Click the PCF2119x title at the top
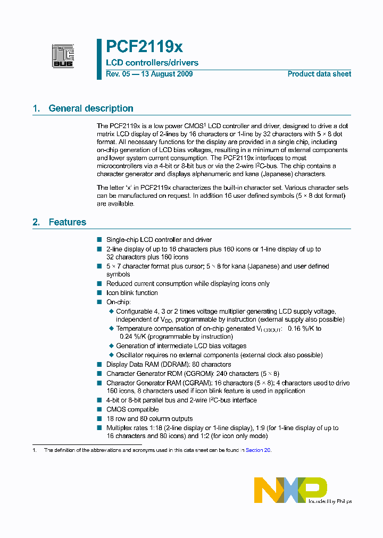tap(144, 47)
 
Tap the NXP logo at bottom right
tap(290, 490)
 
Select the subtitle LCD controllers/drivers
tap(152, 63)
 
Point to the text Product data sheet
tap(319, 74)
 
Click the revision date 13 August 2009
tap(166, 74)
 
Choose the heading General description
tap(91, 108)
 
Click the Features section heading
tap(68, 222)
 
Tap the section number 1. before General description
tap(36, 108)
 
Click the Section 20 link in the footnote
tap(258, 450)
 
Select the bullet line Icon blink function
tap(132, 293)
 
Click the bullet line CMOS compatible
tap(132, 409)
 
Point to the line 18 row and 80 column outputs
tap(149, 419)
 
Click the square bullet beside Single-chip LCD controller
tap(99, 240)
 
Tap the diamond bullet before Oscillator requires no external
tap(111, 355)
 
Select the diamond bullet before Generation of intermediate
tap(111, 346)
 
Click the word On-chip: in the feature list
tap(118, 302)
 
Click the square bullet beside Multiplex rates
tap(99, 427)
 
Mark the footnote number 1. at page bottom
tap(35, 450)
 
